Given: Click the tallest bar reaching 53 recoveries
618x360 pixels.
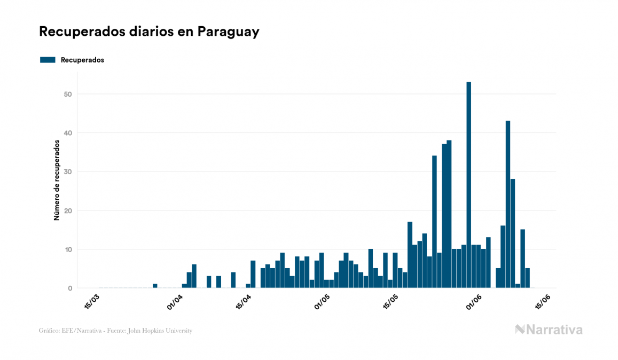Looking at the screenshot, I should coord(468,185).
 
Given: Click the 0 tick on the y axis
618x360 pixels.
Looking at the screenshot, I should coord(70,288).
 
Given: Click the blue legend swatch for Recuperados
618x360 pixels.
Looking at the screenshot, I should coord(48,60).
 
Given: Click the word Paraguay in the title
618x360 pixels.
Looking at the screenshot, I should coord(228,32).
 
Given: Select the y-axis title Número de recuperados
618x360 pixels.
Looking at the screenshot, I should coord(56,180).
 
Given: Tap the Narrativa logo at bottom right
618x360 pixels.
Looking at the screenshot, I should coord(549,330).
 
